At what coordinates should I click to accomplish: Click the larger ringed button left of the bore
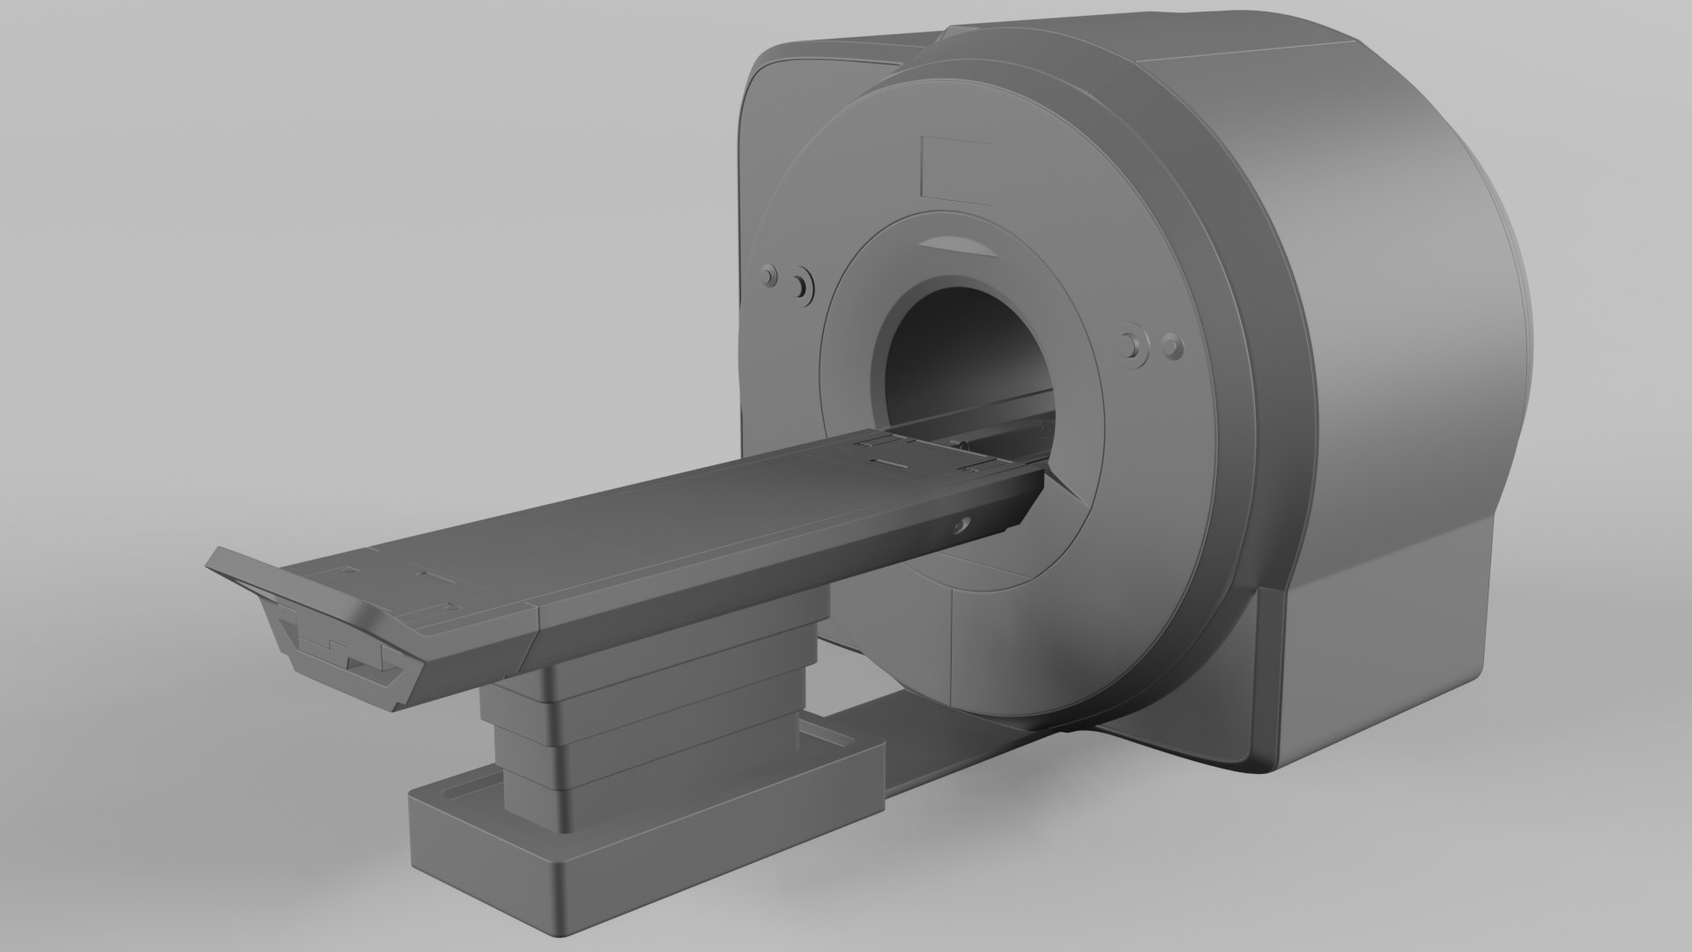tap(800, 286)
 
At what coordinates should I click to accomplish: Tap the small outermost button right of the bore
tap(1171, 346)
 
